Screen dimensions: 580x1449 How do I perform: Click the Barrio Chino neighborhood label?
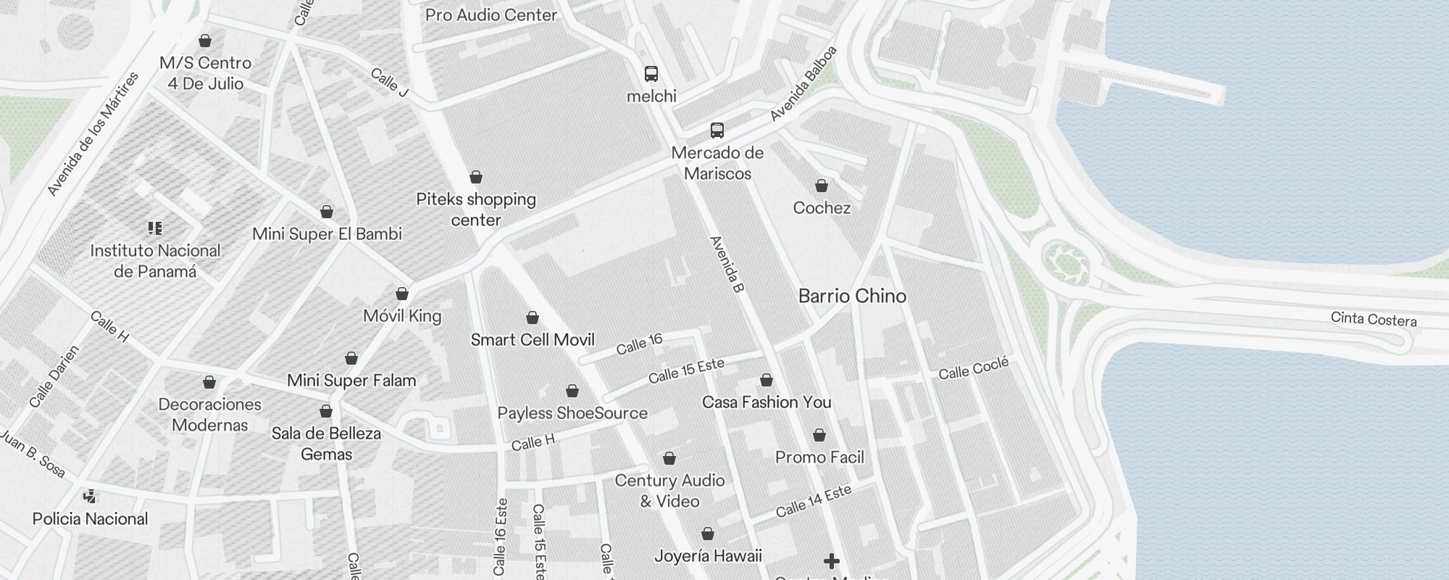[x=852, y=296]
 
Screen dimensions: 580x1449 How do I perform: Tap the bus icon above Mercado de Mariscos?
[x=717, y=130]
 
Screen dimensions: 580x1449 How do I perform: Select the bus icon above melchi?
[x=651, y=73]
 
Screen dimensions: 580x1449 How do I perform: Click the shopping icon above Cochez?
[x=821, y=186]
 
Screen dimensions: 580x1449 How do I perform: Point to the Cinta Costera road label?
[x=1373, y=320]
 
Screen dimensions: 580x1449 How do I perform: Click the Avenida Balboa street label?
[x=803, y=83]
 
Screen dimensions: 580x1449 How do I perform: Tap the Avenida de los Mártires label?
[x=92, y=134]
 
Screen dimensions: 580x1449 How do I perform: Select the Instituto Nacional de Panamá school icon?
[x=154, y=228]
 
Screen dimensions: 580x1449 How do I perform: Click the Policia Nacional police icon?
[x=90, y=497]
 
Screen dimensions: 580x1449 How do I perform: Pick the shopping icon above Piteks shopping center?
[x=475, y=178]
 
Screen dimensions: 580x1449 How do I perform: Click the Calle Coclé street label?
[x=973, y=369]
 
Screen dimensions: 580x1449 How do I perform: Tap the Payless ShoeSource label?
[x=572, y=413]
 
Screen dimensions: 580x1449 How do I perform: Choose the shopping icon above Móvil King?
[x=402, y=294]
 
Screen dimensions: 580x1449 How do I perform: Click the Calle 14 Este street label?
[x=813, y=502]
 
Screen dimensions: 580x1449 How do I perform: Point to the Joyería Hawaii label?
[x=708, y=556]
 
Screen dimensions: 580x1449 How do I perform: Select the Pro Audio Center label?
[x=491, y=14]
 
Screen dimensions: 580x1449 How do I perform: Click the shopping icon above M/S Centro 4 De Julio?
[x=205, y=41]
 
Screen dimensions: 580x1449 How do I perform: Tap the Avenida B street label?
[x=727, y=265]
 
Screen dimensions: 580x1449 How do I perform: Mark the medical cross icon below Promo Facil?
[x=832, y=561]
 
